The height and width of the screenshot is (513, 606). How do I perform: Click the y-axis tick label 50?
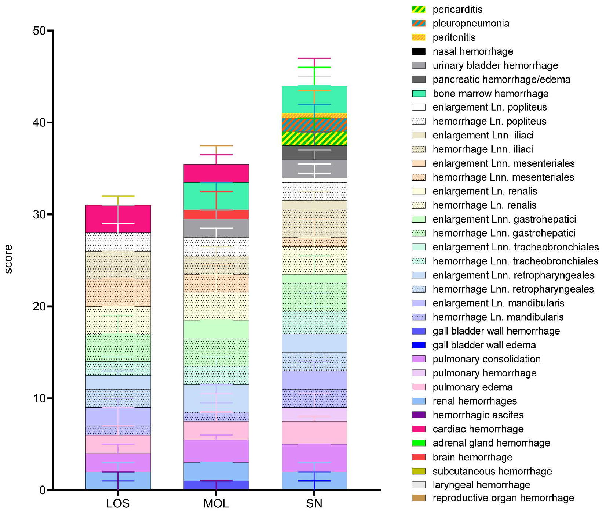pos(39,30)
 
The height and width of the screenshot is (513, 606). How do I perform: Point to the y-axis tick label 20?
pos(39,306)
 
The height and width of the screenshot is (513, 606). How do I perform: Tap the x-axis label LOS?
pos(118,503)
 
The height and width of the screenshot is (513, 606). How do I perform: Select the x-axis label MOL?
pos(216,503)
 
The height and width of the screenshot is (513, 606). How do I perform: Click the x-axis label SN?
pos(314,503)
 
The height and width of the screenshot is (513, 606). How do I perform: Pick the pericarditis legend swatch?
pos(419,10)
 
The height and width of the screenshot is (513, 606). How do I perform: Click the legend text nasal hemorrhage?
pos(472,51)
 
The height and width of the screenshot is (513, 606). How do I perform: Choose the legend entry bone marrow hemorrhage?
pos(490,94)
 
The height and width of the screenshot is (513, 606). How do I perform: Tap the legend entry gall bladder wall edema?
pos(484,345)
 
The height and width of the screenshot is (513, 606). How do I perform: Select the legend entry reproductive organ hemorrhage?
pos(503,498)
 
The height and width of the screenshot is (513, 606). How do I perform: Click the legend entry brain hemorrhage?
pos(472,457)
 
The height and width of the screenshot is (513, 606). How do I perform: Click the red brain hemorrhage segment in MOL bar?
pos(198,214)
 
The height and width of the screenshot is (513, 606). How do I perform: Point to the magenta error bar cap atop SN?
pos(314,58)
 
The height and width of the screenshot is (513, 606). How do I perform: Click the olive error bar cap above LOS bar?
pos(118,196)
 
